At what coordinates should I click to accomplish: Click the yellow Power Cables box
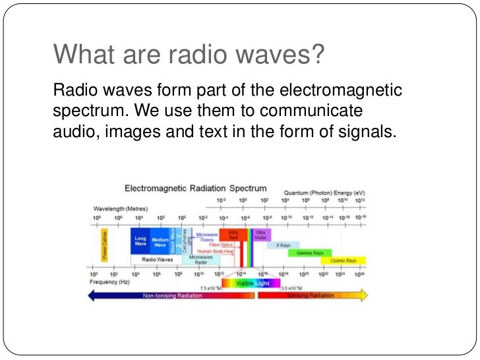(x=105, y=243)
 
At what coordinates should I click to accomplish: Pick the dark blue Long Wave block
(x=140, y=242)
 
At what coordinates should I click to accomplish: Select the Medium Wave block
(x=160, y=242)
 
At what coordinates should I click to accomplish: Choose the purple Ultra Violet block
(x=260, y=235)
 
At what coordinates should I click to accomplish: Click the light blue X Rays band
(x=283, y=245)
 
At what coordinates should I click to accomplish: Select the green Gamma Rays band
(x=309, y=253)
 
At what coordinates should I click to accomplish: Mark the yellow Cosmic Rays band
(x=343, y=260)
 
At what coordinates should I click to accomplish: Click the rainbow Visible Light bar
(x=249, y=283)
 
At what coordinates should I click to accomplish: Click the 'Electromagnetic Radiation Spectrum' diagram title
(x=196, y=188)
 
